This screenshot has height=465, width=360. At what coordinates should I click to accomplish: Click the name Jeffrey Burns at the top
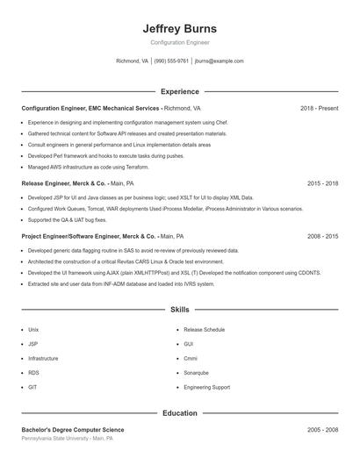click(x=179, y=28)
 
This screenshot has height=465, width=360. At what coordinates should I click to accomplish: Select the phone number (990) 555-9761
click(x=171, y=61)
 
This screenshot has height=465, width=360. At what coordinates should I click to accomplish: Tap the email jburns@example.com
click(x=219, y=61)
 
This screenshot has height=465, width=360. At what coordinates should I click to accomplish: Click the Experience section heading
click(x=179, y=91)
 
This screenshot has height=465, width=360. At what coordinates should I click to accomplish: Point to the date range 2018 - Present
click(x=319, y=108)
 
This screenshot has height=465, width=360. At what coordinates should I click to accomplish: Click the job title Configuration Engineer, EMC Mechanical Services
click(x=90, y=108)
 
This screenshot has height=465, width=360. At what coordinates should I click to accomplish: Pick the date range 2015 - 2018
click(x=322, y=183)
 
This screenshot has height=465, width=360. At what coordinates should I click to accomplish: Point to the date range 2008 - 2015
click(x=322, y=236)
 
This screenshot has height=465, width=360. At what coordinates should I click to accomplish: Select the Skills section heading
click(x=179, y=310)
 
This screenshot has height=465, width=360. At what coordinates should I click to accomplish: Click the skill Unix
click(x=33, y=329)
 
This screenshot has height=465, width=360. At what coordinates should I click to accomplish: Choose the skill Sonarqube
click(x=196, y=372)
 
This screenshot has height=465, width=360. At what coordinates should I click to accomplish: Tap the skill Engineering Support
click(x=206, y=386)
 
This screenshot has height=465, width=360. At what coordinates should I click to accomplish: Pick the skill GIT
click(x=32, y=386)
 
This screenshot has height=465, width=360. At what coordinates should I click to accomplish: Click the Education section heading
click(x=179, y=412)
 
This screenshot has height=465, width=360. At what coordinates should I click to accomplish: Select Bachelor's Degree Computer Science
click(x=73, y=430)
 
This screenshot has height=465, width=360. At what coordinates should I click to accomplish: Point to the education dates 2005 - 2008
click(x=322, y=430)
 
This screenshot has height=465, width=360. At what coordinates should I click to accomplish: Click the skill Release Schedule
click(x=204, y=329)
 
